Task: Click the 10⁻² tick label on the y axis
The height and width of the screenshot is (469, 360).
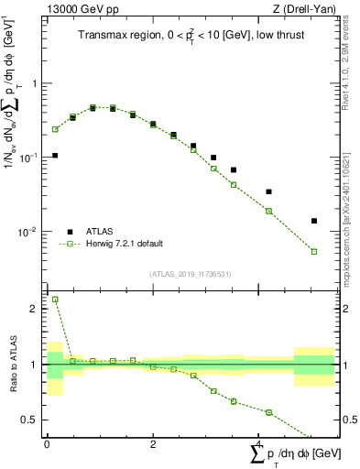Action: pos(29,232)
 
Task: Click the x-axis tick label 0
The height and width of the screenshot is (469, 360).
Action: pos(46,443)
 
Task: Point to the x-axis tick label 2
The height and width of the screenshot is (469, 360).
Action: pos(152,443)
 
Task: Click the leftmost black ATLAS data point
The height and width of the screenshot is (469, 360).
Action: pos(55,156)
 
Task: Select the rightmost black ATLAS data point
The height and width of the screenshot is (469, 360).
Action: pos(314,221)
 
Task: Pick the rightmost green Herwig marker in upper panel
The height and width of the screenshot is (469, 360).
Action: pos(314,252)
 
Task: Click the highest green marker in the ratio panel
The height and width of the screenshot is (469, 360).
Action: pos(55,300)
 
